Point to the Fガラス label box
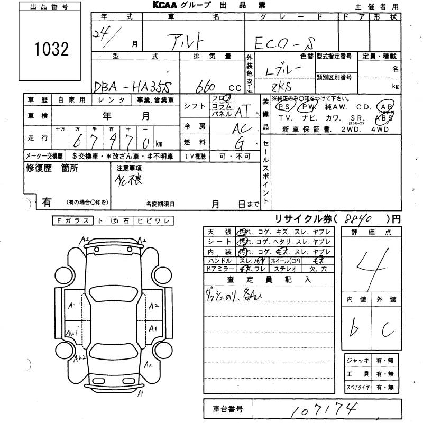(72, 221)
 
